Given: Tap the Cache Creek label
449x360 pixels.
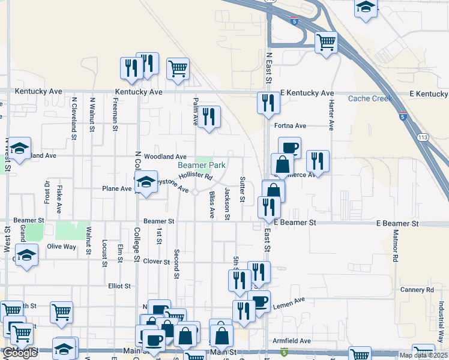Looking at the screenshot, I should pyautogui.click(x=370, y=98).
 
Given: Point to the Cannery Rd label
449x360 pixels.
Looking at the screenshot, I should pyautogui.click(x=416, y=290).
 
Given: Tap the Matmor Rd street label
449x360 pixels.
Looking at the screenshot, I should pyautogui.click(x=396, y=247).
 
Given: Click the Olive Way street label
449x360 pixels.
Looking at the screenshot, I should pyautogui.click(x=62, y=247).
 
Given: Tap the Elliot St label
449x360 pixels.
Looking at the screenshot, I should pyautogui.click(x=119, y=286).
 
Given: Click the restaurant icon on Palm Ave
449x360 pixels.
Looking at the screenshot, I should pyautogui.click(x=208, y=117).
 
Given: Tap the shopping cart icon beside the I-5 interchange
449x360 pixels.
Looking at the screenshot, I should pyautogui.click(x=326, y=42).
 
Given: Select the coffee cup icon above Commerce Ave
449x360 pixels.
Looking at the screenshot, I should pyautogui.click(x=289, y=147).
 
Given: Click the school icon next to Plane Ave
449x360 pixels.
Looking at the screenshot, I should pyautogui.click(x=145, y=182).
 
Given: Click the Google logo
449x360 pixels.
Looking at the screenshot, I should pyautogui.click(x=20, y=353).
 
